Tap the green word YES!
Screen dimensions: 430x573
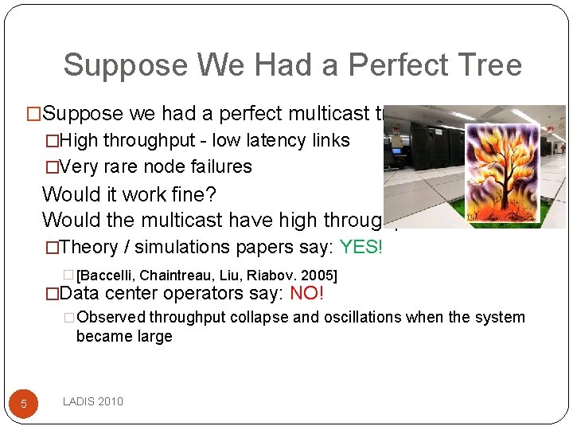coord(361,247)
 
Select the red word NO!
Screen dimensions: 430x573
coord(306,293)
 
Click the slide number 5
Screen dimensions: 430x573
coord(24,404)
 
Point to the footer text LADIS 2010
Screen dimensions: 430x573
coord(93,401)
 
